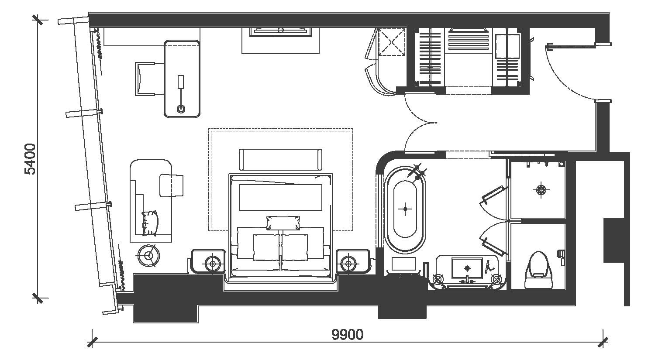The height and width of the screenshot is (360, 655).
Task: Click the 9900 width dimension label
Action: point(348,335)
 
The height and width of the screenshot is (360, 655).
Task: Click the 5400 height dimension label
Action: point(30,159)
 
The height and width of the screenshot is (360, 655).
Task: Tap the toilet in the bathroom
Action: point(539,270)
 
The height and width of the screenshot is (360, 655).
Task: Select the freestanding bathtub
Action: point(405,209)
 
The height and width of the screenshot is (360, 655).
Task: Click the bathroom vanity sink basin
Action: point(467,268)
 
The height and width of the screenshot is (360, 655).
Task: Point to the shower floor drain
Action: point(541,190)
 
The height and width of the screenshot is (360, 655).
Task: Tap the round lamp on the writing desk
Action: point(181,109)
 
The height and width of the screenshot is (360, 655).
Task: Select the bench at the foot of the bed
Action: point(280,160)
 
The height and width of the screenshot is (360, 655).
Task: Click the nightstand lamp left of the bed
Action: point(213,264)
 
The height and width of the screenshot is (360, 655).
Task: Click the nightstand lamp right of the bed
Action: point(348,264)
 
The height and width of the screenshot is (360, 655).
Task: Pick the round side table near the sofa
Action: point(149,256)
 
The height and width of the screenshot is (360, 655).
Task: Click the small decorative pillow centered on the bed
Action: point(283,223)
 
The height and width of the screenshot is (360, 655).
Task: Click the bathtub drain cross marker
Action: point(405,209)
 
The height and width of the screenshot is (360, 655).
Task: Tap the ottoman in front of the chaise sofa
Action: point(171,185)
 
